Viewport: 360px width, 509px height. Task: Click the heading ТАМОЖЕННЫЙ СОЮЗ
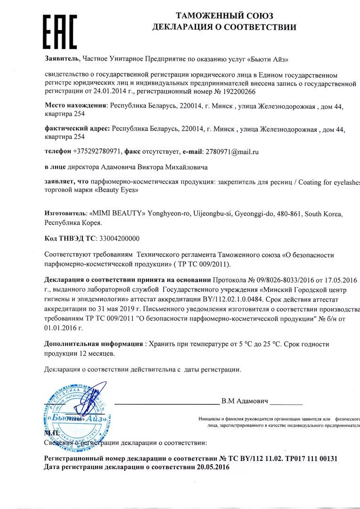tap(224, 16)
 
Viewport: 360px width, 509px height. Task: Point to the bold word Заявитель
tap(62, 59)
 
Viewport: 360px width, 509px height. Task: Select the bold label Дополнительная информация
tap(94, 344)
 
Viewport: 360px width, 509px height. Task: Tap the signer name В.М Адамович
tap(245, 401)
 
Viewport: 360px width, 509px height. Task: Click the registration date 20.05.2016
tap(213, 467)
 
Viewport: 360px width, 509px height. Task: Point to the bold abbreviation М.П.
tap(51, 432)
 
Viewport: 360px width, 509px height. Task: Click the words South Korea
tap(323, 213)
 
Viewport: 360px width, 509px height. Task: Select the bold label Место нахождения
tap(75, 107)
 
